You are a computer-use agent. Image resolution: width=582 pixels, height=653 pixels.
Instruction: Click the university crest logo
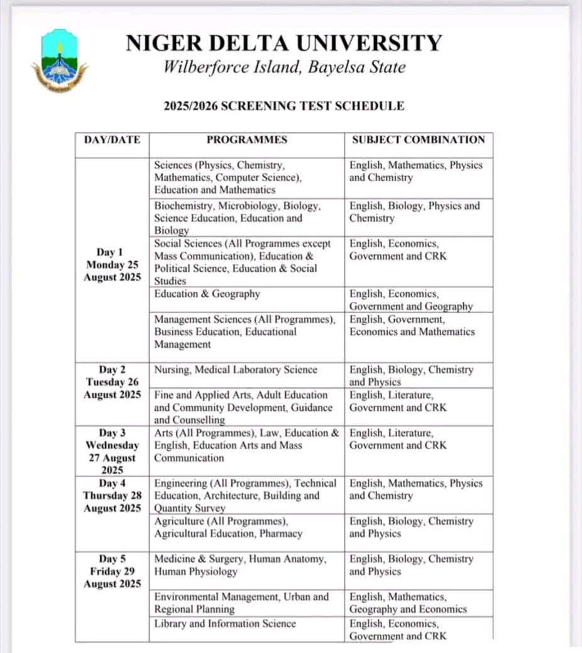[60, 61]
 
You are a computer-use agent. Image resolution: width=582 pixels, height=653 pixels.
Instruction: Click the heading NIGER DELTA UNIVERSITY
[283, 43]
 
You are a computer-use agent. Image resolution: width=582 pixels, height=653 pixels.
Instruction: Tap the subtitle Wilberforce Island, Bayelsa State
[284, 67]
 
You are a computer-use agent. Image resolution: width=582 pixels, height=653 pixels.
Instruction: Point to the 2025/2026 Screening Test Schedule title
[283, 106]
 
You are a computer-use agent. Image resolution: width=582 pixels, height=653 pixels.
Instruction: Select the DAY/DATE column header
[112, 140]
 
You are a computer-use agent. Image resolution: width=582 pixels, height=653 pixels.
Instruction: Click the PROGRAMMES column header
[246, 140]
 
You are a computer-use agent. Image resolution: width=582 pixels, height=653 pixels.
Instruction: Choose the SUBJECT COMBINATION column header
[418, 140]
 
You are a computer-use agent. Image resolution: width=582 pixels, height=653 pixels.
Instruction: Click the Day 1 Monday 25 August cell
[113, 265]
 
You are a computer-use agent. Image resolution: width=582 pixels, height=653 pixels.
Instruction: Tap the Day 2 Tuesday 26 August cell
[113, 382]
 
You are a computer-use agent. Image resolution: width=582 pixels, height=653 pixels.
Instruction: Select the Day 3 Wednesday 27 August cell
[113, 451]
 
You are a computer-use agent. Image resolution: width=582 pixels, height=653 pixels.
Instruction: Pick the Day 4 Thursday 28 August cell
[113, 496]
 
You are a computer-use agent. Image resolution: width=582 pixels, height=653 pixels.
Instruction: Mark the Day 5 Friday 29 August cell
[113, 571]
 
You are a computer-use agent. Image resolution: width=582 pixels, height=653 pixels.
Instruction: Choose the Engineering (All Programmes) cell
[246, 496]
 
